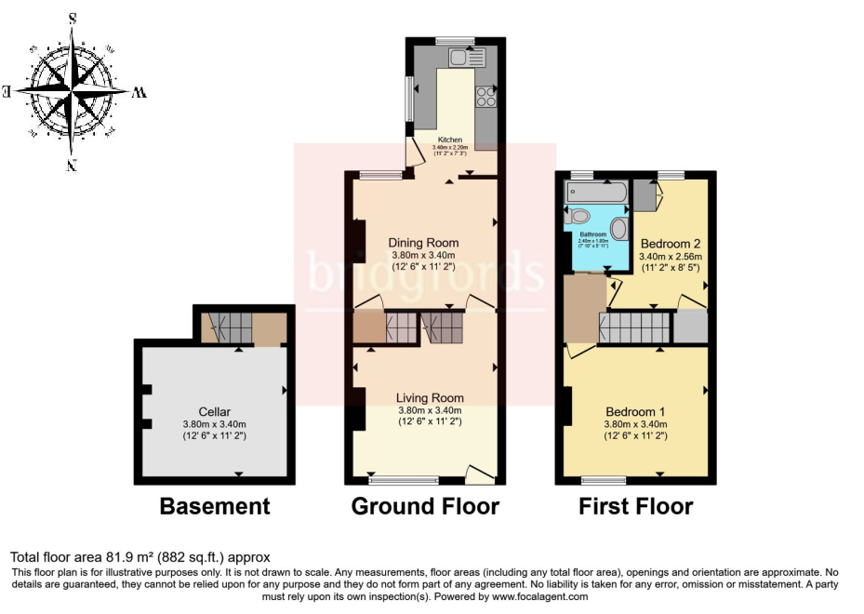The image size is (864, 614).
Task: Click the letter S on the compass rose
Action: point(73,18)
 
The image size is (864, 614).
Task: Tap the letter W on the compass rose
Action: point(140,92)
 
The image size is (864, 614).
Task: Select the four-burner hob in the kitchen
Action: point(486,96)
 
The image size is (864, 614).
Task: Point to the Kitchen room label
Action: point(450,140)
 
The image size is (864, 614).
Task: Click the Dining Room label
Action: point(423,243)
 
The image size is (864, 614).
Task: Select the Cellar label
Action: point(214,412)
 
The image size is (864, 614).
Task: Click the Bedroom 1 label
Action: point(636,412)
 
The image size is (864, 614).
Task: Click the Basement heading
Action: point(215,506)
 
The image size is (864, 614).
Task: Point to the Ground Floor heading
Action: point(425,506)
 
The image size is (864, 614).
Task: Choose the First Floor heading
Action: point(636,506)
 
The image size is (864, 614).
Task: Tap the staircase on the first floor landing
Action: point(634,327)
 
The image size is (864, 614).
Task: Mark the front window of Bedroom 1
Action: point(605,481)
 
